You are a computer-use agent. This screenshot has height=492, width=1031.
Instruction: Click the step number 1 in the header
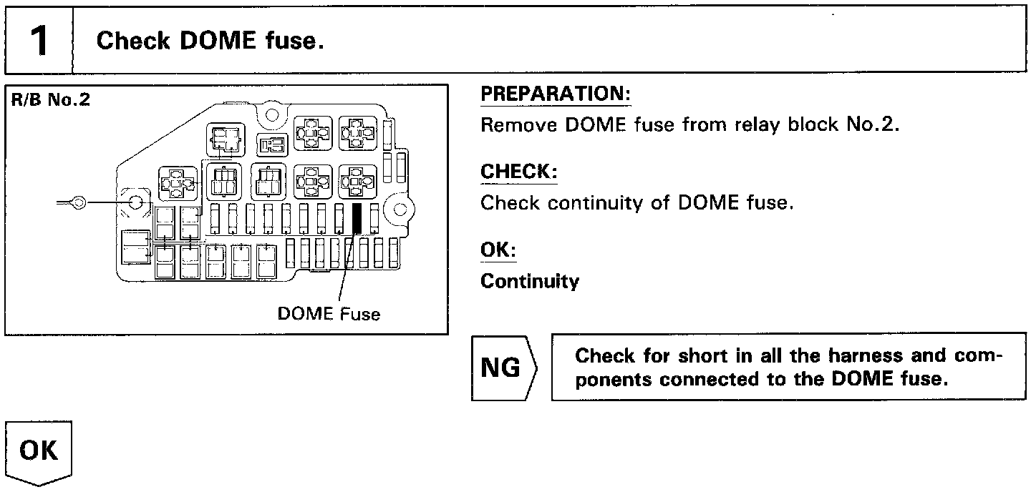(x=39, y=41)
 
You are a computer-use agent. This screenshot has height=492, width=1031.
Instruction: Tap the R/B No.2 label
(x=50, y=99)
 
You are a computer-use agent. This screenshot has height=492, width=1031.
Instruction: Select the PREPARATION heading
(x=553, y=94)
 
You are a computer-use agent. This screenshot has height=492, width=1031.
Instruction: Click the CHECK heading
(x=518, y=172)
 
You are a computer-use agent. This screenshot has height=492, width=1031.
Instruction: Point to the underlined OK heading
(x=497, y=251)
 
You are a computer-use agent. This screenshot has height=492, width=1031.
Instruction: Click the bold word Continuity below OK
(x=529, y=282)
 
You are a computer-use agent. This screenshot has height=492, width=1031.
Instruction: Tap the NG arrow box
(x=503, y=368)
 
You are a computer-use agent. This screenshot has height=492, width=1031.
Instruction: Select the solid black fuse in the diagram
(x=358, y=219)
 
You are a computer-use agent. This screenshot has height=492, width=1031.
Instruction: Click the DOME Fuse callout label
(x=329, y=314)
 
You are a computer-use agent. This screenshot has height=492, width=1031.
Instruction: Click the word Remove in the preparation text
(x=518, y=125)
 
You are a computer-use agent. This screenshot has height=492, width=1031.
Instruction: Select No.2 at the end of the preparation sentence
(x=876, y=125)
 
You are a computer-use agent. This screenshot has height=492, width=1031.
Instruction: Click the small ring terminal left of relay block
(x=78, y=203)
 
